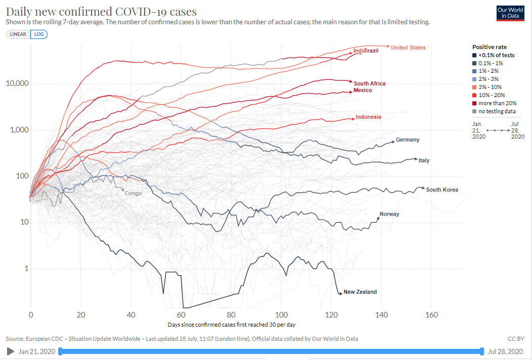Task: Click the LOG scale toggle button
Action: [39, 34]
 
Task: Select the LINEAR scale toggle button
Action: [18, 34]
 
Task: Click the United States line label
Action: [408, 48]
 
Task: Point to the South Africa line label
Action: [370, 83]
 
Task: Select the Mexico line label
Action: [363, 90]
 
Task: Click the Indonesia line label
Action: [368, 117]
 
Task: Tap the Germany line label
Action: [408, 140]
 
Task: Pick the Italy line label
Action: [424, 160]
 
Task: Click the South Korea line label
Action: [442, 190]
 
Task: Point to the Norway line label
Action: [389, 214]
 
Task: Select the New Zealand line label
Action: [360, 292]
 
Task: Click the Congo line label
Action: [133, 193]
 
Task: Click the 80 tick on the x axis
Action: [231, 315]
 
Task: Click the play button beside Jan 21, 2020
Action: [10, 351]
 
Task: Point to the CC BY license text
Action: [516, 339]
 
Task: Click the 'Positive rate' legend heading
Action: [489, 47]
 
